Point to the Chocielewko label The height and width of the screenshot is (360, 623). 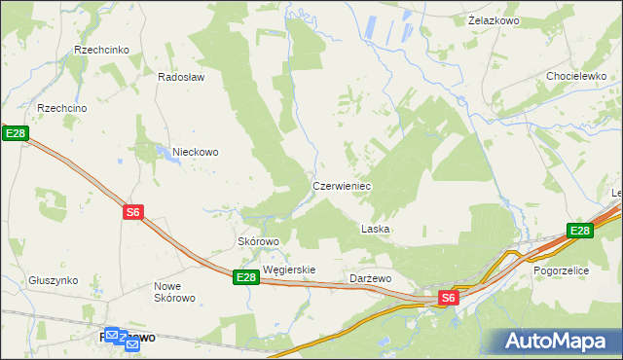tap(576, 76)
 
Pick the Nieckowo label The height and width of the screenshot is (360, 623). tap(195, 152)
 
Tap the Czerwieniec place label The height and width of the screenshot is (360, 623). tap(341, 185)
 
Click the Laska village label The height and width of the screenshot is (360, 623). tap(376, 230)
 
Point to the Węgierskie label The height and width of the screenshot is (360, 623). tap(289, 270)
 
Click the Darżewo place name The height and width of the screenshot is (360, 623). tap(370, 278)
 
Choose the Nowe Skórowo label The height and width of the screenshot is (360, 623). tap(175, 292)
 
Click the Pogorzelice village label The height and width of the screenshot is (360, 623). tap(562, 271)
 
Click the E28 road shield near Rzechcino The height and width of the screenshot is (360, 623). tap(13, 133)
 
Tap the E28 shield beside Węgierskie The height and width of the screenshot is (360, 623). tap(246, 278)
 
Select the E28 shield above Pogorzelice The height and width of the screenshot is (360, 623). tap(580, 231)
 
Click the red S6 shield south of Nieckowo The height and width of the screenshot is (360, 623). tap(134, 211)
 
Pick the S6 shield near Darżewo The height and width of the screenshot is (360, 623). tap(447, 298)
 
